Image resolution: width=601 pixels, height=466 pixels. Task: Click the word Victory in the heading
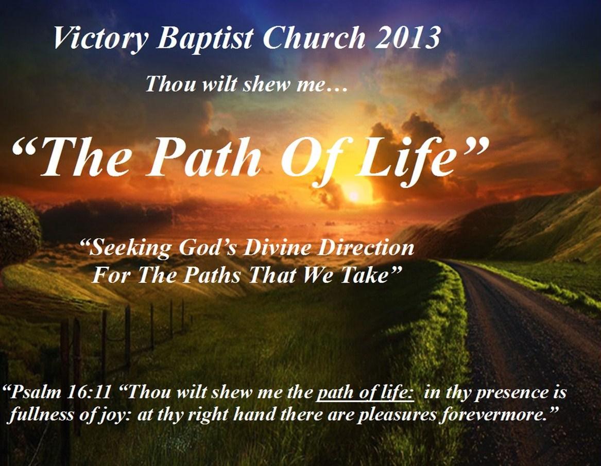100,39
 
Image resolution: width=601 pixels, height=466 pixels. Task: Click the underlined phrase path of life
365,393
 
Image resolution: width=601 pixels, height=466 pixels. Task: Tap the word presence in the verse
505,394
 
